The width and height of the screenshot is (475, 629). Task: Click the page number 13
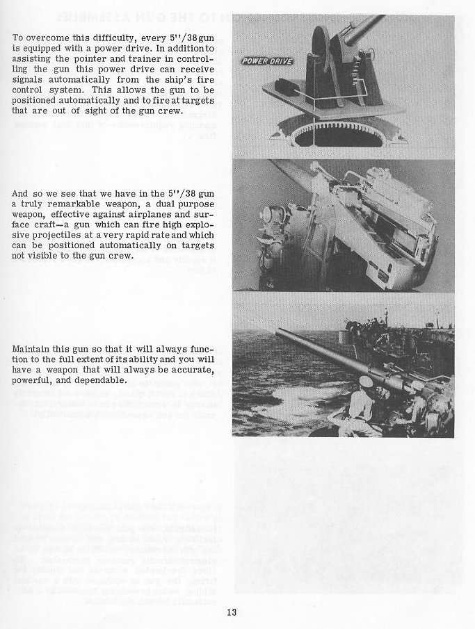click(232, 612)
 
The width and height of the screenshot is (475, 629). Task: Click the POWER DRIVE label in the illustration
click(266, 61)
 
